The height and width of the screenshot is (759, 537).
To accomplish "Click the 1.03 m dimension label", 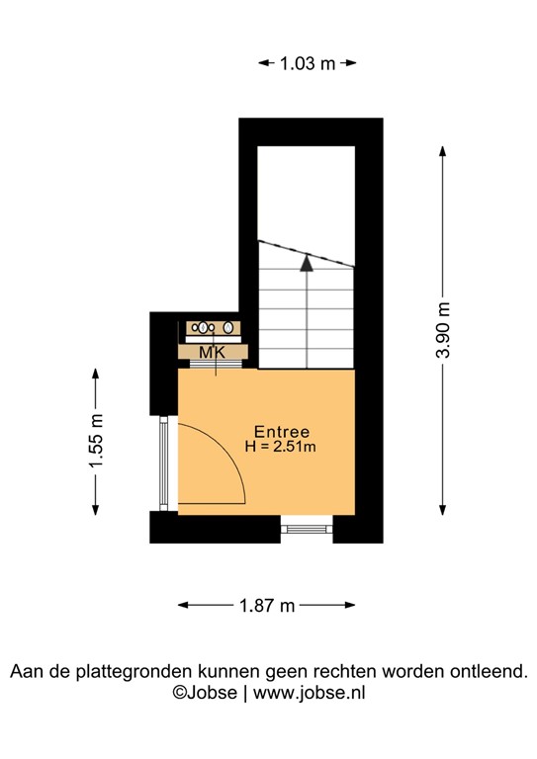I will pos(307,63).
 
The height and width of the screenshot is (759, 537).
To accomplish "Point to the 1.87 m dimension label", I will pos(267,605).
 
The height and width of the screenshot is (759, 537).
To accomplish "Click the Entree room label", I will pos(282,432).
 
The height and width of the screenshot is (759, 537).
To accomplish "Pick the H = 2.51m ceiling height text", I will pos(281,448).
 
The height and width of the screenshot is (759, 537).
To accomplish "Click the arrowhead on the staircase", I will pos(307,263).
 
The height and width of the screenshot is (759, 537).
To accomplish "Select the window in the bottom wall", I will pos(308,529).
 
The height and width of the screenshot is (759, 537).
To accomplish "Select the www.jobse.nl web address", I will pos(310,693).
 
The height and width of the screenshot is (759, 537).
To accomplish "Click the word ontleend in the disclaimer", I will pos(492,672).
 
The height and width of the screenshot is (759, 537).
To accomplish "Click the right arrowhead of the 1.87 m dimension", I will pos(350,605).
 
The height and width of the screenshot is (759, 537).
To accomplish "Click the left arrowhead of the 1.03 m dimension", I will pos(263,63).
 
